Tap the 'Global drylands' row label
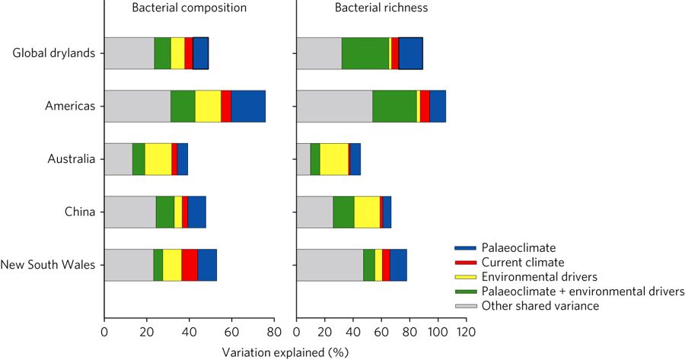point(53,53)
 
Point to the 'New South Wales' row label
point(48,265)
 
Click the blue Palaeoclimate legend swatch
point(464,248)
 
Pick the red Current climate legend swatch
point(464,263)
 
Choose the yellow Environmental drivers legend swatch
point(464,277)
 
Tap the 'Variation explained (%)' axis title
point(285,352)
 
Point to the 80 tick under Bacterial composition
point(275,332)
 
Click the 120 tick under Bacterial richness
point(466,332)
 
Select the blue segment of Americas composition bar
point(248,106)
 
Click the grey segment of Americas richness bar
point(334,106)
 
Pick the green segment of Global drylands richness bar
point(365,53)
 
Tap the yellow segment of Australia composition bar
point(158,159)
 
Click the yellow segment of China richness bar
point(367,212)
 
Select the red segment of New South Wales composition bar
point(190,265)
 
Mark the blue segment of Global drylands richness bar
point(410,53)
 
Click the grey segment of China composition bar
point(130,212)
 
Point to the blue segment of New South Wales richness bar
point(398,265)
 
